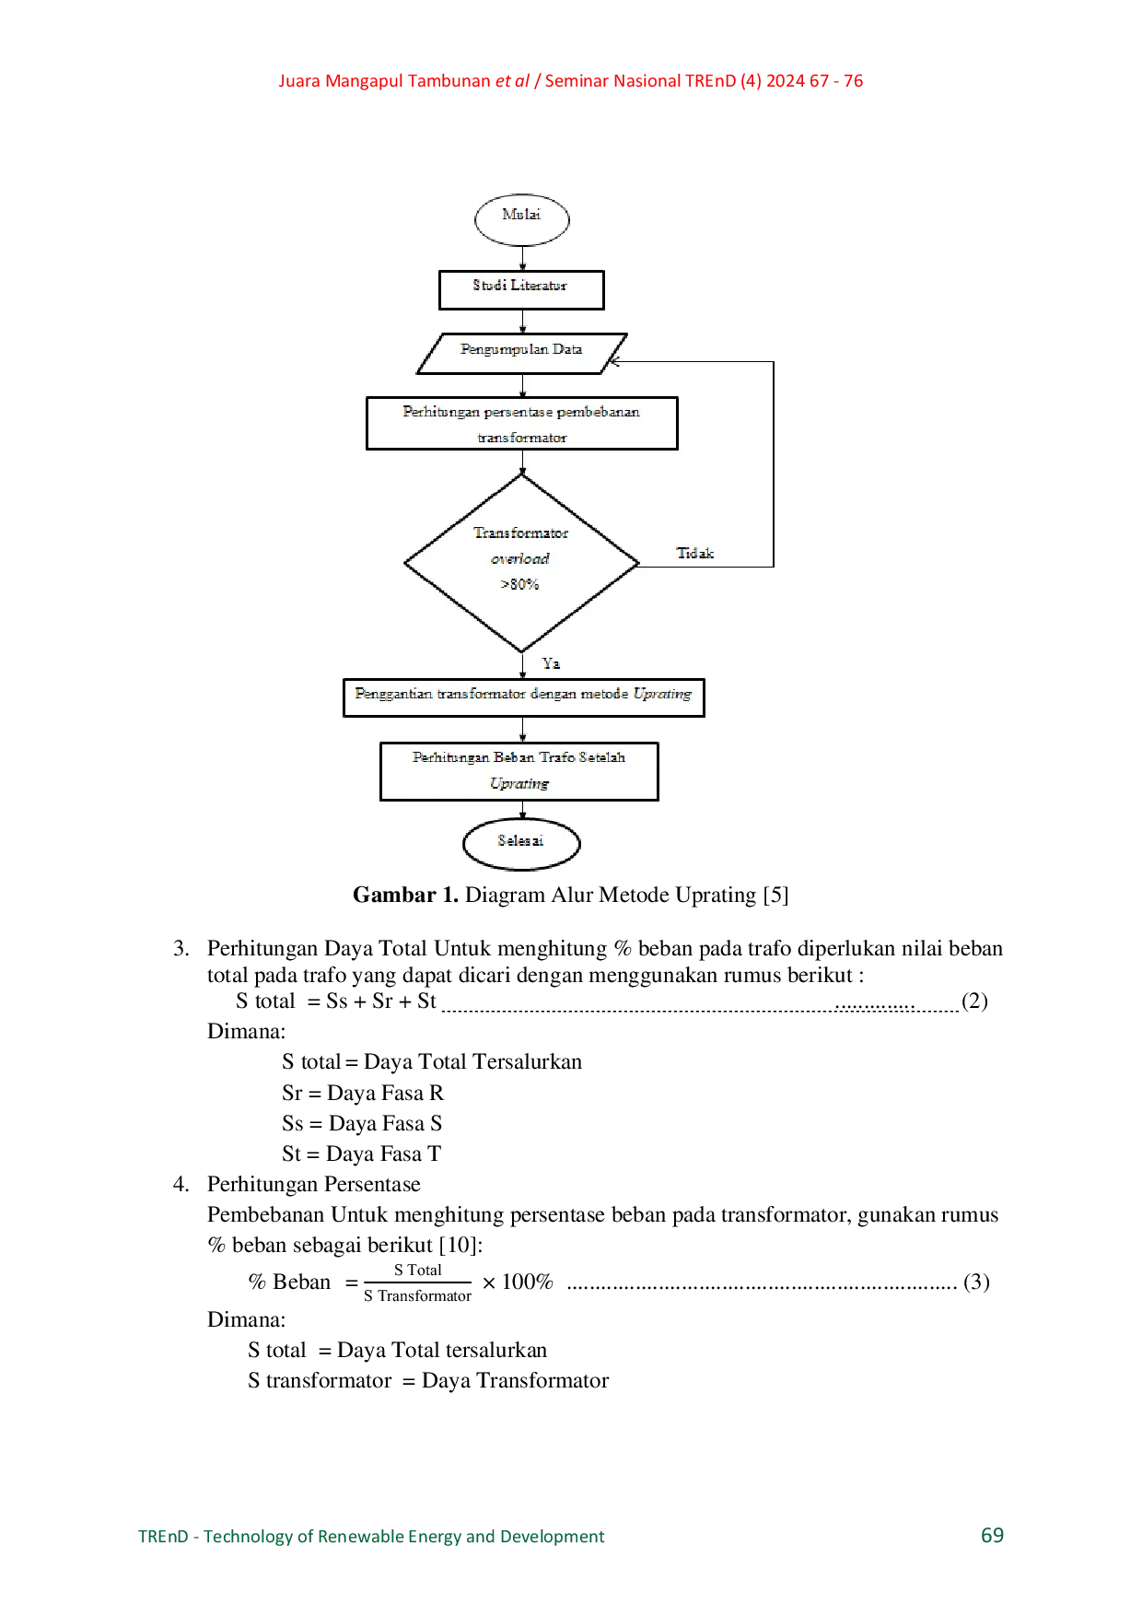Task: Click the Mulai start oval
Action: (521, 219)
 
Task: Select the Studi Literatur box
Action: (521, 289)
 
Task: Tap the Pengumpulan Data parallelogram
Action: (521, 353)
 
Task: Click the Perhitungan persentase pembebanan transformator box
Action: (521, 424)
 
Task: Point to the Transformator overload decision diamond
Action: (521, 562)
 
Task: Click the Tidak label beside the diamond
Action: (695, 554)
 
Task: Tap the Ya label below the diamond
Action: (551, 663)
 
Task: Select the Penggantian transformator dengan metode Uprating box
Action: (523, 697)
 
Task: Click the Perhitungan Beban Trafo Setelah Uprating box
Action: (519, 771)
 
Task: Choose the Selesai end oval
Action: (521, 843)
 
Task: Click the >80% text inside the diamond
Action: (519, 584)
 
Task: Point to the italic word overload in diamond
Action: (519, 558)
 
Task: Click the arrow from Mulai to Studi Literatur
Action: (522, 258)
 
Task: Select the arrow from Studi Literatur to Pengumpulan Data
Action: (522, 322)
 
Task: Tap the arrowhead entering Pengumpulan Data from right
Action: (614, 362)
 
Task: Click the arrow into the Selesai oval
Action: (522, 811)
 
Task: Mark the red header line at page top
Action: (571, 82)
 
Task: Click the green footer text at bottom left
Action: (373, 1537)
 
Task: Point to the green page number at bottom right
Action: (994, 1536)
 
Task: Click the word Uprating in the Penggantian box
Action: (662, 694)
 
